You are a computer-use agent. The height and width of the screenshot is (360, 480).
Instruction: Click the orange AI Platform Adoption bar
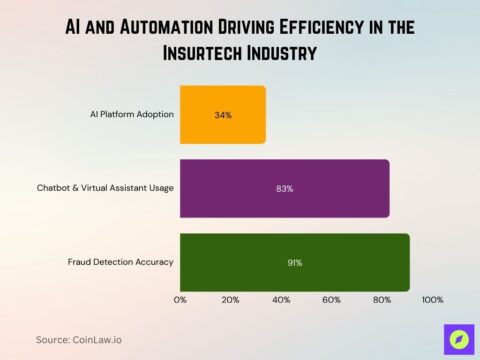coord(222,114)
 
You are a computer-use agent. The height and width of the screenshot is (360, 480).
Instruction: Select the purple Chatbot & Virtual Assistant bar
coord(284,188)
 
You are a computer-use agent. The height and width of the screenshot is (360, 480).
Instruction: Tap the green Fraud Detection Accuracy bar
coord(294,262)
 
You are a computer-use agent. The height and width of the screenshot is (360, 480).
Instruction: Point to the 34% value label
coord(223,115)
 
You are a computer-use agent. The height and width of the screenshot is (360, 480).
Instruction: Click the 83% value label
coord(284,188)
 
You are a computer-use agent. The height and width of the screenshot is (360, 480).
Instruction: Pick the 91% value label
coord(294,263)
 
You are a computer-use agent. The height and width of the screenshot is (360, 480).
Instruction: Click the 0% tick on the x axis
coord(181,300)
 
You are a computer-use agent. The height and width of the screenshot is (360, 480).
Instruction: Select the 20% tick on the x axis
coord(230,300)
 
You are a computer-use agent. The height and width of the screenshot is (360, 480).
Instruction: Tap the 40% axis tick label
coord(281,300)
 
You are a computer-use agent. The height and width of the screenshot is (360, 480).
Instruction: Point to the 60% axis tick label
coord(331,300)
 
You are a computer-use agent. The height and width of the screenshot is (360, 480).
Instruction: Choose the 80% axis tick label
coord(381,300)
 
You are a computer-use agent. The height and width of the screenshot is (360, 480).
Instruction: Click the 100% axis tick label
coord(432,300)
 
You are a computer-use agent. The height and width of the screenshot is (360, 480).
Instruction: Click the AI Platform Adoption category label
coord(131,114)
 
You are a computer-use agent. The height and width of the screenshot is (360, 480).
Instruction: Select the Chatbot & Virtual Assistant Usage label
coord(105,188)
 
